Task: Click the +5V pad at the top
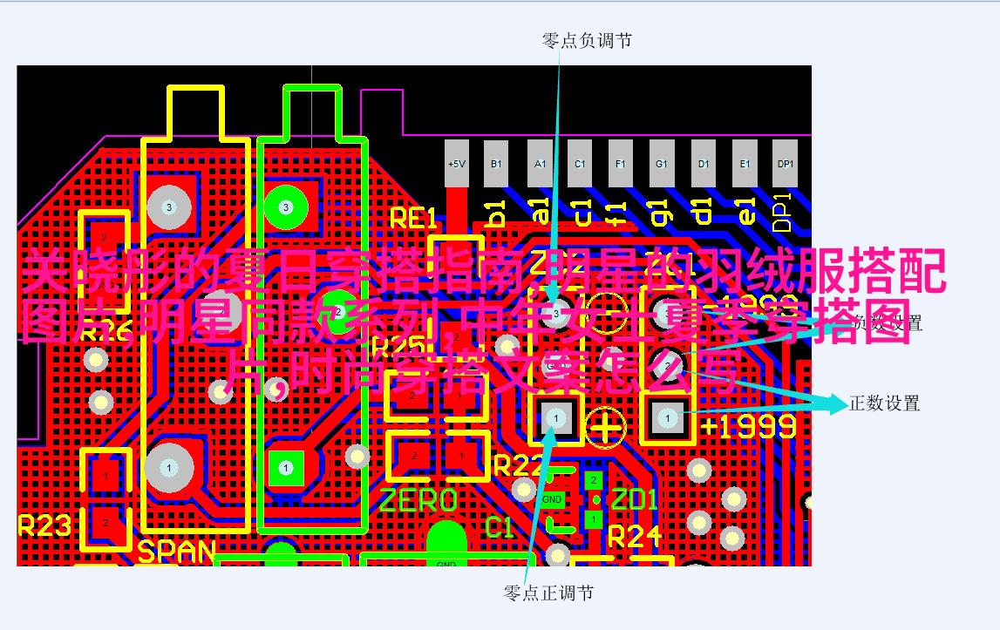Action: (x=456, y=164)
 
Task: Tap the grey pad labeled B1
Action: (x=496, y=164)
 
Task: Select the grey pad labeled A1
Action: (x=540, y=164)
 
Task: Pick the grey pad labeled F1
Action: (x=620, y=164)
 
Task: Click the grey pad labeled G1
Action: (x=662, y=164)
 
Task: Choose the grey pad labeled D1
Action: (x=704, y=164)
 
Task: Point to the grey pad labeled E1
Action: (x=745, y=164)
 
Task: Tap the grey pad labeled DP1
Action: (x=786, y=164)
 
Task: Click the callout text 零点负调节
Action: (x=587, y=40)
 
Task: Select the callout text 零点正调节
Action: (x=548, y=593)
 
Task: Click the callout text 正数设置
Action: (x=885, y=403)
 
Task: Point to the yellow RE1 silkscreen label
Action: (x=413, y=218)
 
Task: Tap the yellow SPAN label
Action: (x=177, y=552)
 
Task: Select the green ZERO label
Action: (x=418, y=500)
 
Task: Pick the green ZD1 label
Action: (x=634, y=500)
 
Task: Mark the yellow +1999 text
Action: (x=748, y=425)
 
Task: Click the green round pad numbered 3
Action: (x=285, y=207)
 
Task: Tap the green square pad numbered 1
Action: (x=285, y=468)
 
